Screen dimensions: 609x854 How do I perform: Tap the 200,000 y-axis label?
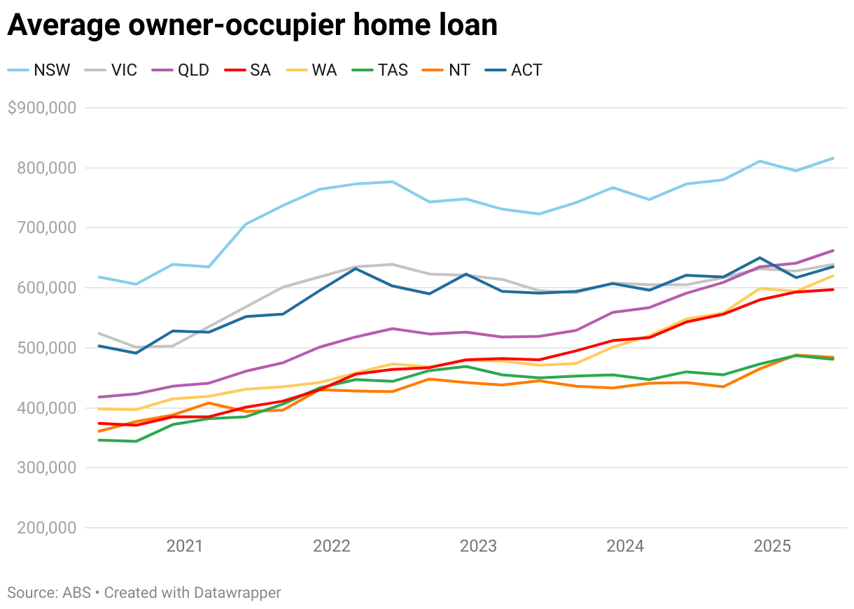click(x=46, y=528)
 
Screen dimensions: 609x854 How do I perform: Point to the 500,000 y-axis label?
click(x=46, y=348)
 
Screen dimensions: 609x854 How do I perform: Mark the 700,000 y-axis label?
click(x=46, y=227)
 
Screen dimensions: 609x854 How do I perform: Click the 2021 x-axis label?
click(x=185, y=546)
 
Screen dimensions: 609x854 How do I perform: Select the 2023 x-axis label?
click(x=478, y=546)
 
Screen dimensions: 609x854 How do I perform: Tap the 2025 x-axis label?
click(x=772, y=546)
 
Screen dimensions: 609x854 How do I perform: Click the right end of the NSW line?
click(x=834, y=158)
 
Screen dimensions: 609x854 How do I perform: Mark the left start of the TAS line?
click(x=99, y=440)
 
